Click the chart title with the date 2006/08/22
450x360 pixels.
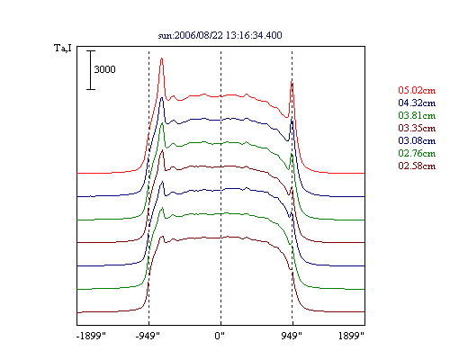220,35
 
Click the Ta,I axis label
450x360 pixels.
63,48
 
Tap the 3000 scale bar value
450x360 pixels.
104,69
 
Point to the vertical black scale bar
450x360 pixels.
91,70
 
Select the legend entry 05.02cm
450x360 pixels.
417,90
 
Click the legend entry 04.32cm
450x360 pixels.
417,103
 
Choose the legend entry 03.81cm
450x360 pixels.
417,115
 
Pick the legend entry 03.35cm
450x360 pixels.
417,128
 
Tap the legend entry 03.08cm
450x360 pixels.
417,140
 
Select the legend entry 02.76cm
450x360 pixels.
417,153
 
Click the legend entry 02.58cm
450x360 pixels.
417,166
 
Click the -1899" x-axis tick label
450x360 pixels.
92,336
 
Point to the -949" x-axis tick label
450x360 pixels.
148,336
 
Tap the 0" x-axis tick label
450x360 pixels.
220,336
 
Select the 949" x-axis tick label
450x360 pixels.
292,336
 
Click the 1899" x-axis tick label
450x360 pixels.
351,336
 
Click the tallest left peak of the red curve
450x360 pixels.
161,58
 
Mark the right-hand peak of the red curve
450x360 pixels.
292,82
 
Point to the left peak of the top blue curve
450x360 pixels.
162,98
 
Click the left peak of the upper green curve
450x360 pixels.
163,123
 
